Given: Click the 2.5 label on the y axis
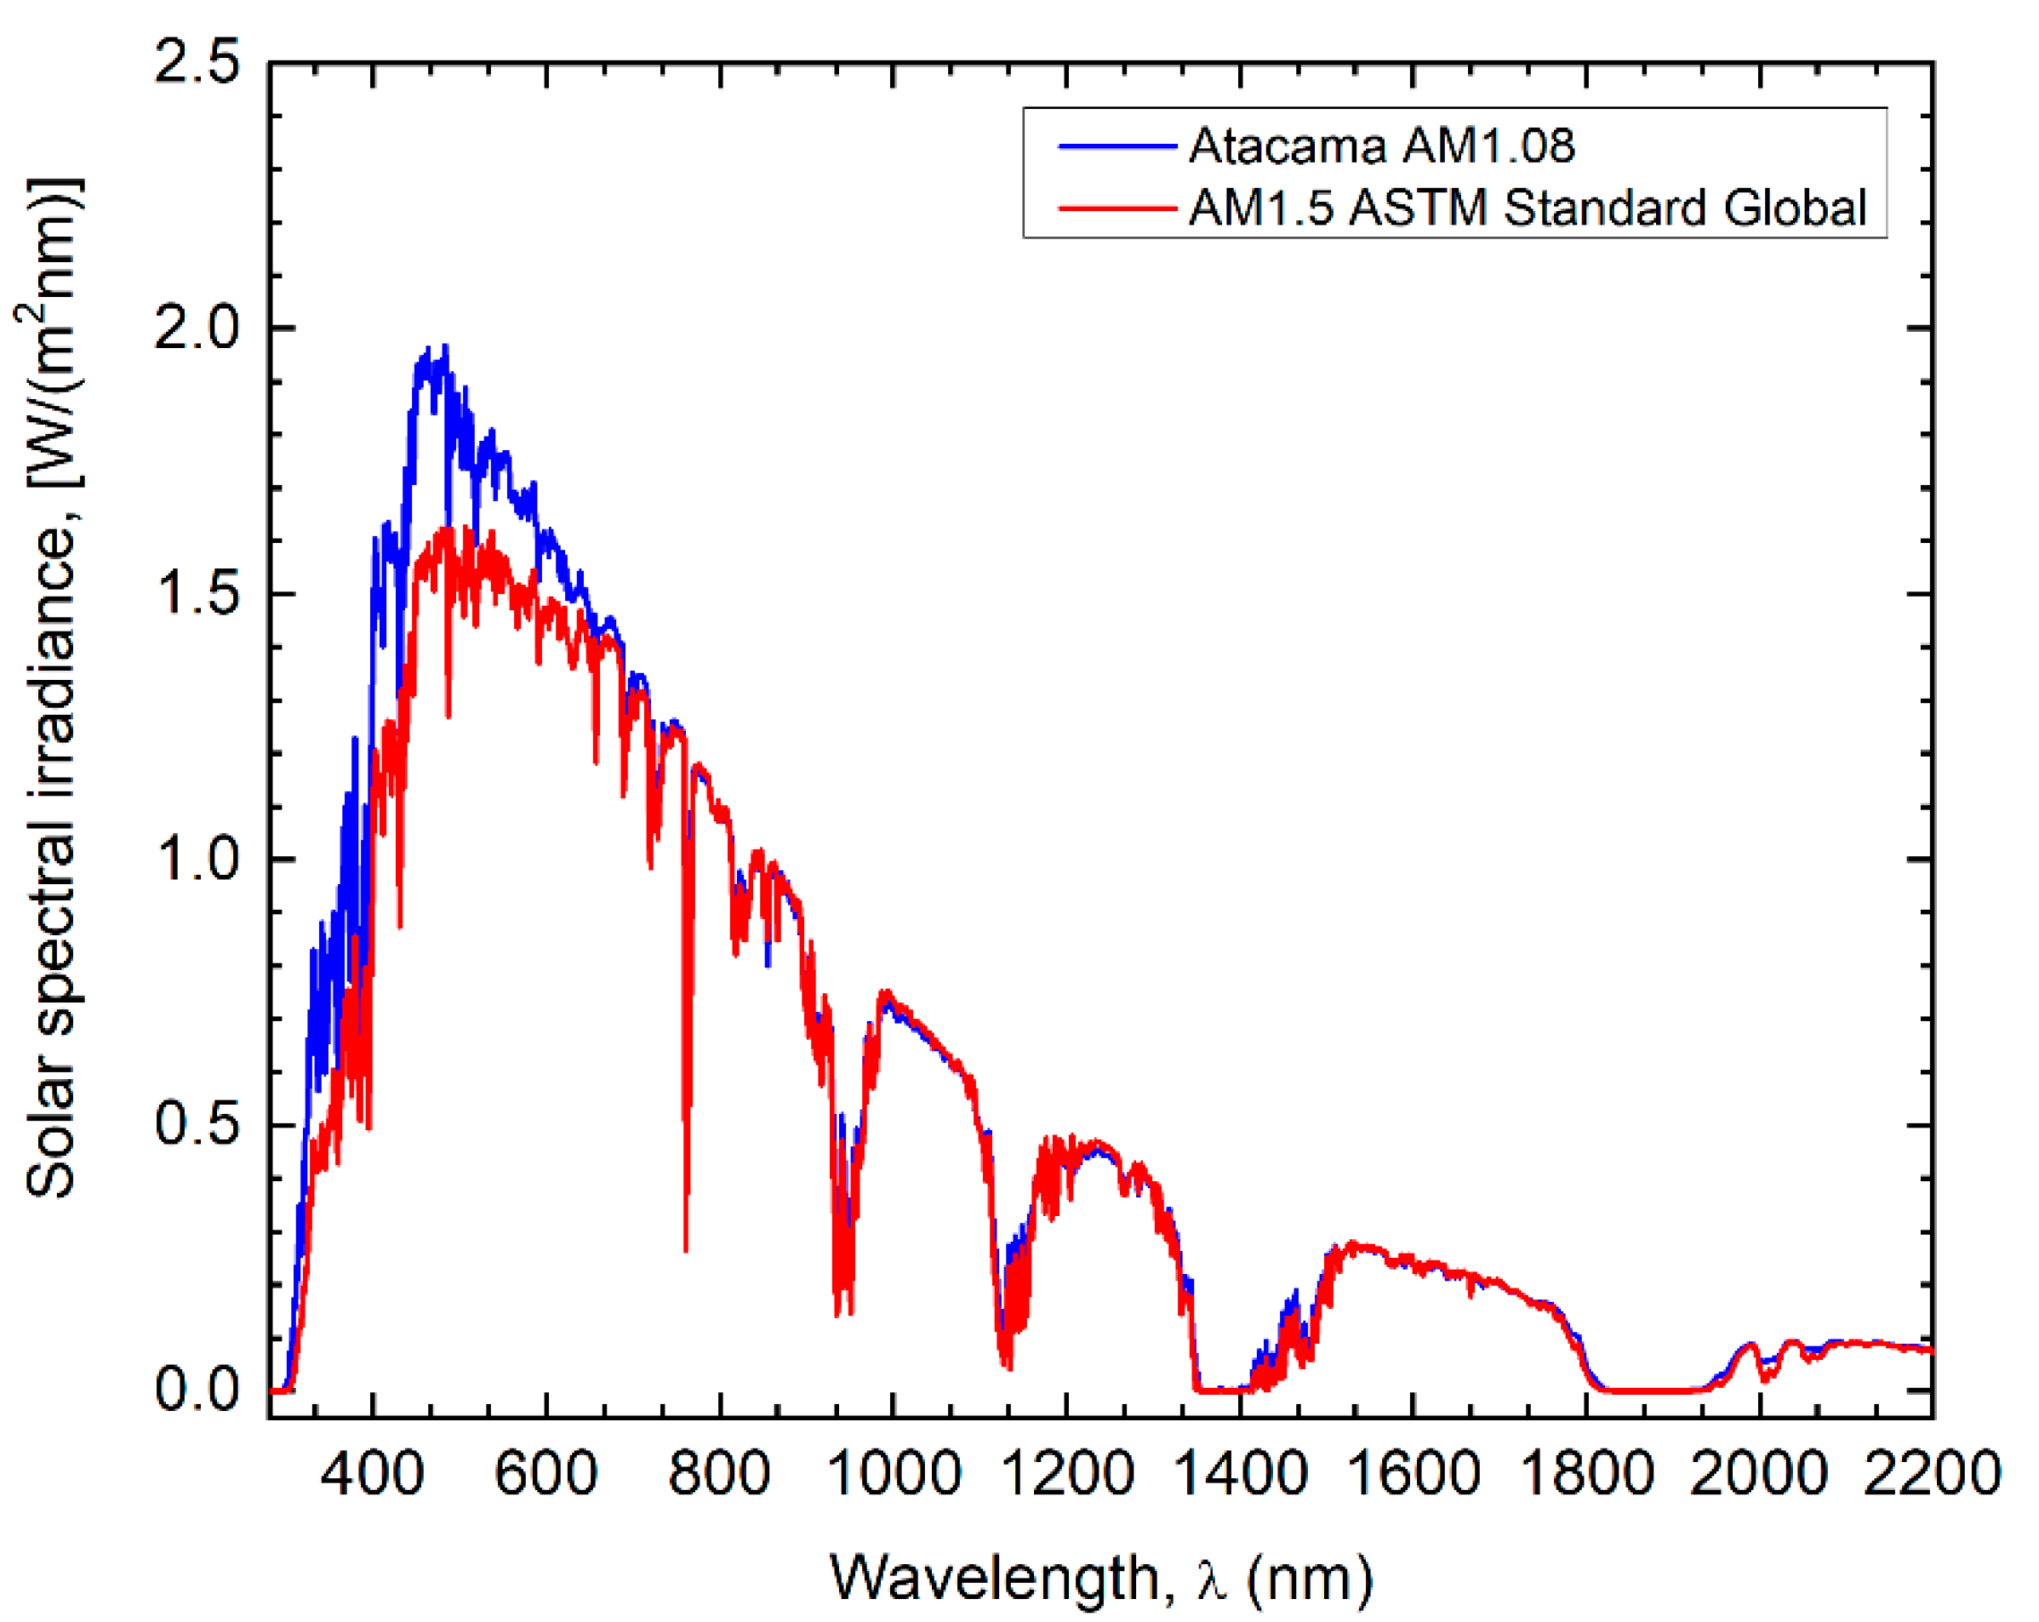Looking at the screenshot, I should click(197, 66).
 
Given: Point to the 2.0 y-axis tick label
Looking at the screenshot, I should click(197, 329).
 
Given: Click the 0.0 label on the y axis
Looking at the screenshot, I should click(197, 1390).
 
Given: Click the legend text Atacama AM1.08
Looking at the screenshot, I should click(1381, 146).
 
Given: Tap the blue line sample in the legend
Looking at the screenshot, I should click(1116, 146).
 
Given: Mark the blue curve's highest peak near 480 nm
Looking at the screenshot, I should click(445, 347).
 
